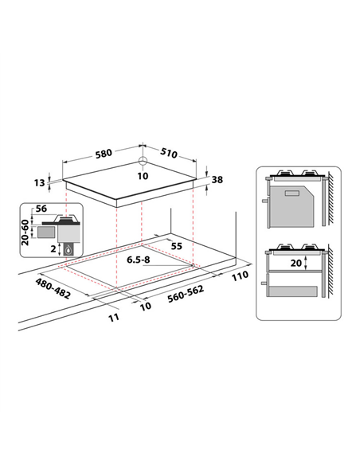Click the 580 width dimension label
click(x=104, y=154)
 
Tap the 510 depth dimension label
click(x=169, y=153)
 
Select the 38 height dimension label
click(x=217, y=179)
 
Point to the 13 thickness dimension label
click(x=39, y=182)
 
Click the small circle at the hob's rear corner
click(x=143, y=161)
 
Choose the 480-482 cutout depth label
click(x=53, y=288)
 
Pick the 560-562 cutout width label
click(x=186, y=294)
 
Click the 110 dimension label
click(x=240, y=275)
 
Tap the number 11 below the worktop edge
click(x=114, y=318)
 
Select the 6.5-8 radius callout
click(x=139, y=260)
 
